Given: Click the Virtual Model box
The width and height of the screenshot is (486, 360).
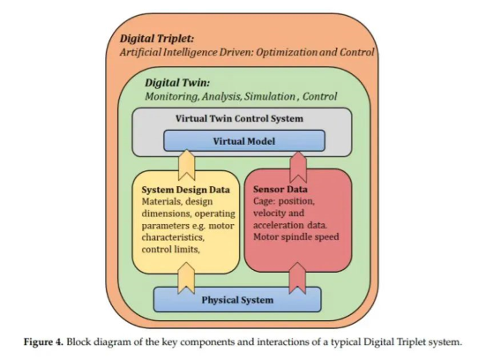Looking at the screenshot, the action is tap(244, 141).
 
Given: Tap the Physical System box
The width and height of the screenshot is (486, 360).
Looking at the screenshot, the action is tap(237, 299).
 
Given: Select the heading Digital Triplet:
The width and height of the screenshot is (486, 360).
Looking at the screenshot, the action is tap(157, 39).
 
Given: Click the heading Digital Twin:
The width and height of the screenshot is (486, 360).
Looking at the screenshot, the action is tap(177, 83).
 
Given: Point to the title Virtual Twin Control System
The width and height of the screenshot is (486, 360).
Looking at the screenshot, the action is tap(239, 118).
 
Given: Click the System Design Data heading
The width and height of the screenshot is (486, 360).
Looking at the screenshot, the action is tap(185, 190).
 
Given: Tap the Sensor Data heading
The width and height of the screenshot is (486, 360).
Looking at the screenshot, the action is tap(280, 189).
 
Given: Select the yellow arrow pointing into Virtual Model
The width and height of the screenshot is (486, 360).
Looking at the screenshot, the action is tap(187, 165).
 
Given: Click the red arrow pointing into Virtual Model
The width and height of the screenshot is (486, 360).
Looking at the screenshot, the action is tap(298, 167).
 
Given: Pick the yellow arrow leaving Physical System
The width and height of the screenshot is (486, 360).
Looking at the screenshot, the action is tap(186, 278).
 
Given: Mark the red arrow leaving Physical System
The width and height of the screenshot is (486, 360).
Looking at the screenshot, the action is tap(297, 278).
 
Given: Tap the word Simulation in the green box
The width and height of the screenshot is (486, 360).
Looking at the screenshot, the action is tap(270, 96).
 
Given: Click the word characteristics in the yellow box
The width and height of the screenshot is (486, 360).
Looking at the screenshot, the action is tap(173, 237).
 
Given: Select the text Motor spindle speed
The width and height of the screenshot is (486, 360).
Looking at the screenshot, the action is tap(296, 236).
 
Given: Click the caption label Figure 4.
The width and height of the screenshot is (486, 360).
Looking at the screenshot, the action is tap(44, 342).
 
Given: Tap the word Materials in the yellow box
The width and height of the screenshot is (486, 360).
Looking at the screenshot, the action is tap(159, 201).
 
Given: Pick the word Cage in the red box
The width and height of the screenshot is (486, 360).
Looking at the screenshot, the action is tap(264, 201).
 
